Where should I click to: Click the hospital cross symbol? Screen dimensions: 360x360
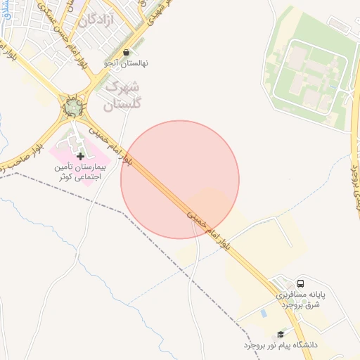point(79,155)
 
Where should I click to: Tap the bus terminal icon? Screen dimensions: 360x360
point(301,282)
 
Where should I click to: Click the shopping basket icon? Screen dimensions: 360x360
point(126,52)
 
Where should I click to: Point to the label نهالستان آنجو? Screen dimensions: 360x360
point(126,63)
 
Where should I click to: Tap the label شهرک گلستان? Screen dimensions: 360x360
point(123,96)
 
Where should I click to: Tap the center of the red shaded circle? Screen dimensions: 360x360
point(180,179)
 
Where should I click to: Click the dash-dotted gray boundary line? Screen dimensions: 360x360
point(105,203)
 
